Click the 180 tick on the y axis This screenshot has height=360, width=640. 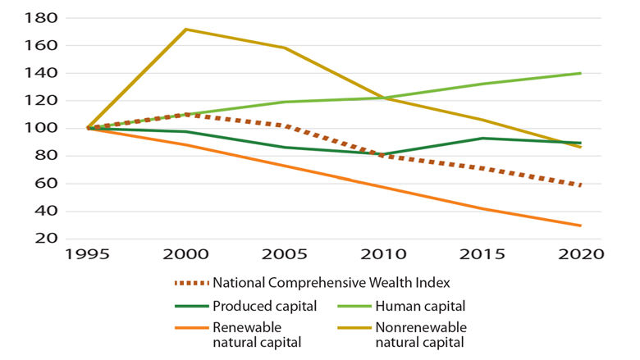coord(41,18)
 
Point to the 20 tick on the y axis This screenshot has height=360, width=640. coord(47,239)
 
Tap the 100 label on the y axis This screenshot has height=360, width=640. coord(41,129)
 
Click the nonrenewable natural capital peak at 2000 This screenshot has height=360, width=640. coord(185,30)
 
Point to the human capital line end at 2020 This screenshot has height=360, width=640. coord(581,73)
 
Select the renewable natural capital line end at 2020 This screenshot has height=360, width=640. coord(581,226)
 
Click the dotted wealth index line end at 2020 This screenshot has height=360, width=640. coord(581,185)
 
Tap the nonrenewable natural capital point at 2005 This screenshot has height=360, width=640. coord(284,48)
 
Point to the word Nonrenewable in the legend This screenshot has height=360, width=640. coord(416,327)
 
